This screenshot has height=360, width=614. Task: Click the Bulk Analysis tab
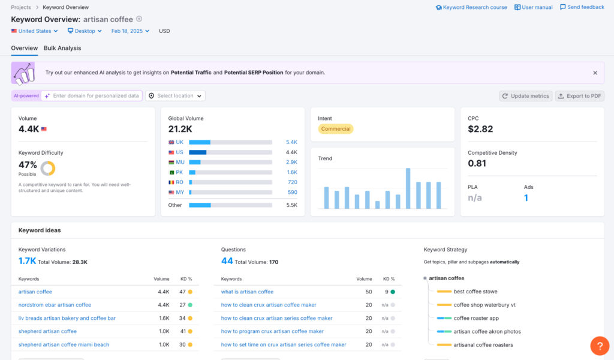point(62,48)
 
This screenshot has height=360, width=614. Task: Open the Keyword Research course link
point(474,7)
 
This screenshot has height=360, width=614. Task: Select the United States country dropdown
point(35,31)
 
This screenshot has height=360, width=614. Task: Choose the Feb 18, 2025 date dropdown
point(131,31)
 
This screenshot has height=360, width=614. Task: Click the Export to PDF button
point(580,96)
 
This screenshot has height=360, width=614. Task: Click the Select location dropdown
point(175,96)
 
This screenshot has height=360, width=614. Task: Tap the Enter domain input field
point(95,96)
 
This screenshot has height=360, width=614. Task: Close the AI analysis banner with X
point(595,73)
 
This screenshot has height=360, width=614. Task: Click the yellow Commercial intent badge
point(335,129)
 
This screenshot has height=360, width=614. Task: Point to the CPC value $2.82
point(480,129)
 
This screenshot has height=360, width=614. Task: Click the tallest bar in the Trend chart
point(408,188)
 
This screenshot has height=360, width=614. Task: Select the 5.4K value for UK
point(291,142)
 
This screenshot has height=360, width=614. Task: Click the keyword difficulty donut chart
point(48,168)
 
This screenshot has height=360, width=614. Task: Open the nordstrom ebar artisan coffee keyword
point(55,305)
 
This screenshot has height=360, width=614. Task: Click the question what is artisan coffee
point(247,292)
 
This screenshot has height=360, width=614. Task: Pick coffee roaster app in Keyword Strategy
point(476,318)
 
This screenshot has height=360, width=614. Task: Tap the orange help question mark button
point(600,346)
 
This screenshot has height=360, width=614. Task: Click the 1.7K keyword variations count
point(27,261)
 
